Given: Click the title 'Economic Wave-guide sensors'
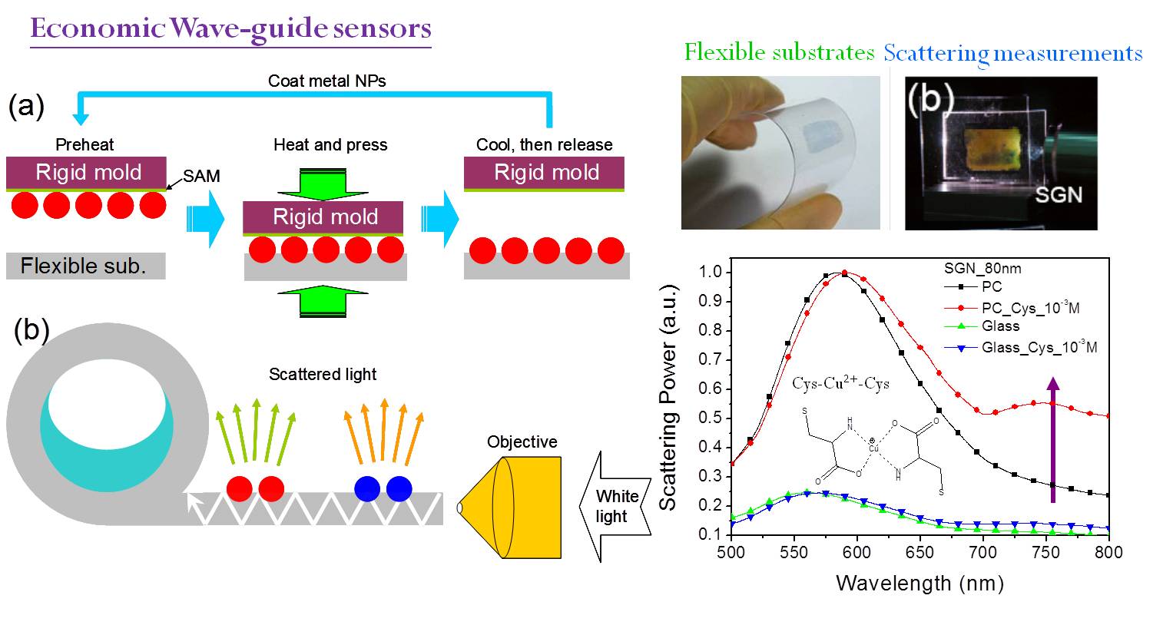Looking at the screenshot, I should (230, 29).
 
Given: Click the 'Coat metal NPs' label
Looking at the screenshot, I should (326, 81).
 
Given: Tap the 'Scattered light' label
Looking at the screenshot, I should (323, 375).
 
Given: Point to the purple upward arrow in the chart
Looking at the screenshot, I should (1052, 438).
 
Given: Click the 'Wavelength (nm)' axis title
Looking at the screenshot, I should (919, 583).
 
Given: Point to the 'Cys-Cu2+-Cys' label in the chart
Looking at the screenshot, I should (841, 383).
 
